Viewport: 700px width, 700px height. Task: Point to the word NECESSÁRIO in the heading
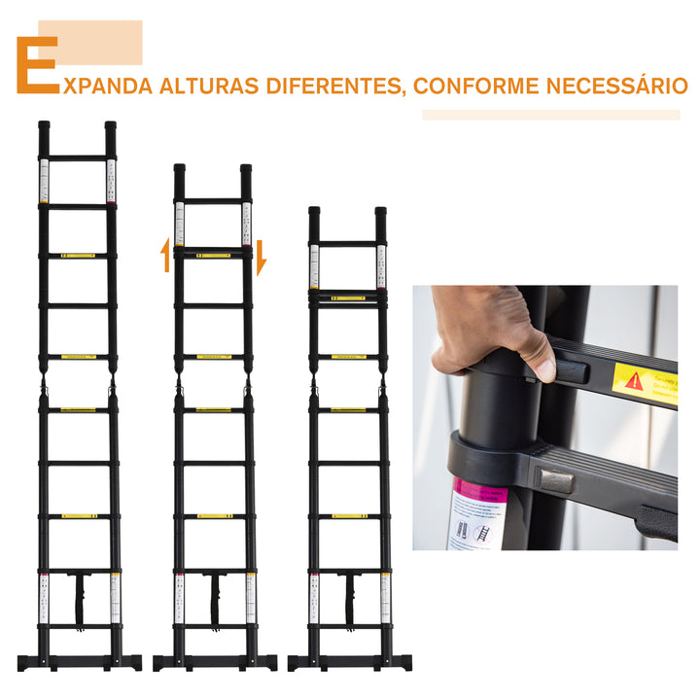(612, 86)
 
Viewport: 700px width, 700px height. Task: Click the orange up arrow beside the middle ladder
(164, 259)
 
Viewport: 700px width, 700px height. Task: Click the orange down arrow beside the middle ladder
(260, 259)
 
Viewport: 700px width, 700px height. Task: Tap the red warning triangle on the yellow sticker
(634, 380)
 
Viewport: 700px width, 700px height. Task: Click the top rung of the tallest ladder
(77, 157)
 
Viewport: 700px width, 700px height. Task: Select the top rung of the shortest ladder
(347, 243)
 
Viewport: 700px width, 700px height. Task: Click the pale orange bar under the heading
(550, 115)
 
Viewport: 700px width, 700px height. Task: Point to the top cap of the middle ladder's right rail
(246, 170)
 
